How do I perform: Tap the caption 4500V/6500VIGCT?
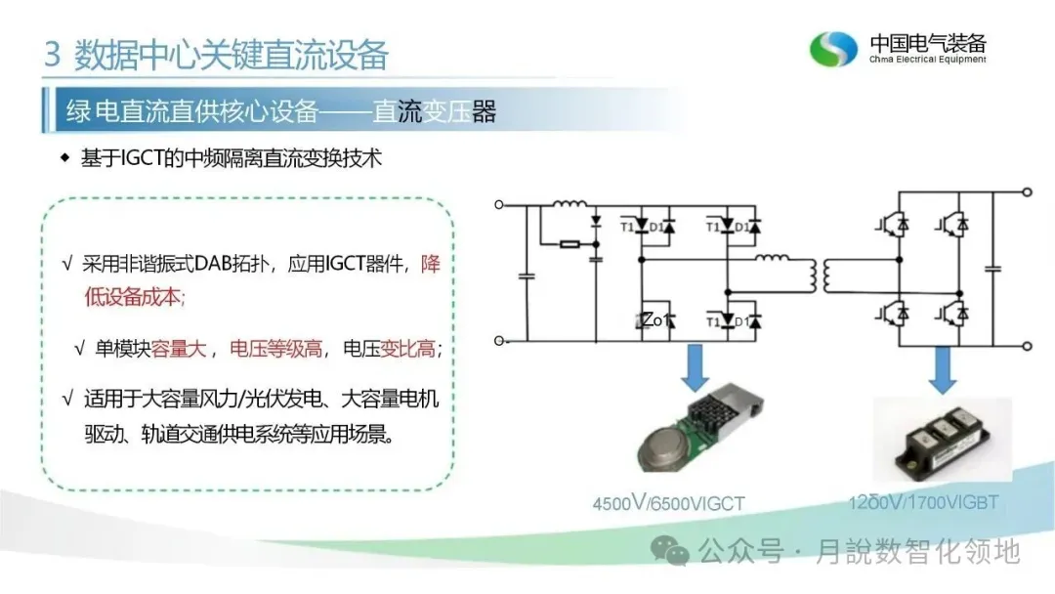(x=668, y=504)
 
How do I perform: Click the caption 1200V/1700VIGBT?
(x=923, y=502)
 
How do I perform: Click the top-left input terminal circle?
(x=499, y=204)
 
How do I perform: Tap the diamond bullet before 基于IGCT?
(x=65, y=158)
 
